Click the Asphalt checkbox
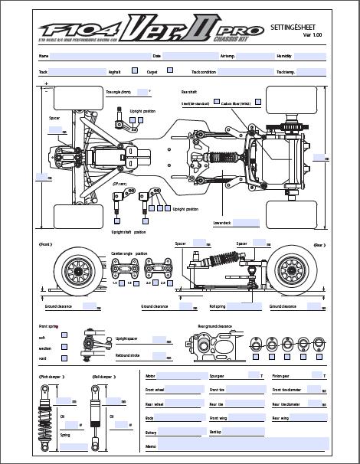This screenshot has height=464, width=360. coord(135,71)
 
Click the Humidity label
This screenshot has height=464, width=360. coord(284,56)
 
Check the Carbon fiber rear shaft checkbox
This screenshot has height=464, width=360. coord(258,101)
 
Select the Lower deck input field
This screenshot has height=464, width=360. coord(247,224)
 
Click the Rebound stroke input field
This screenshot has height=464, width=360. coord(162,355)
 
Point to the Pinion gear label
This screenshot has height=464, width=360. coord(281,376)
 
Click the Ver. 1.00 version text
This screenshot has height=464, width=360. coord(313,35)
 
